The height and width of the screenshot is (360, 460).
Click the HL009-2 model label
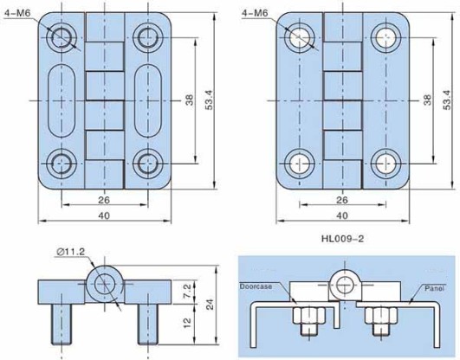coord(342,239)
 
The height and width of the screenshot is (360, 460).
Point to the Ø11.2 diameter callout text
coord(70,252)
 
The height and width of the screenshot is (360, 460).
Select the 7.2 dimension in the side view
coord(187,292)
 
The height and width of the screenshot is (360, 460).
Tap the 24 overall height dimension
coord(210,305)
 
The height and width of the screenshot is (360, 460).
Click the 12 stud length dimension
coord(187,323)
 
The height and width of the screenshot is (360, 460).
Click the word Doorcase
coord(256,286)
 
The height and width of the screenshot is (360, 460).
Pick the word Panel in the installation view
coord(435,288)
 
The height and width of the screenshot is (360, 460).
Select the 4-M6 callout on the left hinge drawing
coord(17,13)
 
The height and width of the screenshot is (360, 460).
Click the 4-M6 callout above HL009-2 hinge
coord(255,13)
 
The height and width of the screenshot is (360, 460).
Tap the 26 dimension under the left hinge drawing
coord(104,200)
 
